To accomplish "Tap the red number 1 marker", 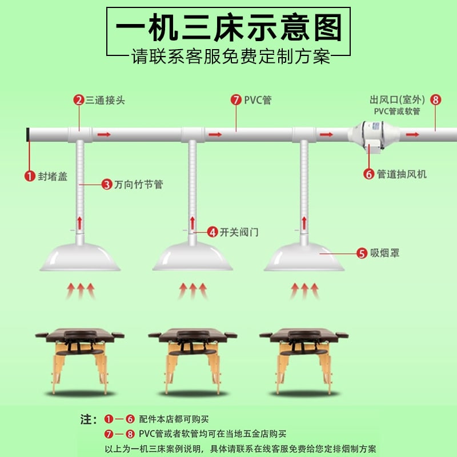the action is point(29,176).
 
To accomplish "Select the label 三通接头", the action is point(105,101).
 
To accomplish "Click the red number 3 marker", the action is point(106,185).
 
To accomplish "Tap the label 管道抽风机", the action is point(402,174).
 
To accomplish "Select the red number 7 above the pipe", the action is point(236,101).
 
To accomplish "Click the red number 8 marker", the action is point(436,100).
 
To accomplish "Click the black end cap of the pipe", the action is point(28,135).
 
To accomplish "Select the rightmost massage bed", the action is point(304,357).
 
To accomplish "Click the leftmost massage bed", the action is point(80,357).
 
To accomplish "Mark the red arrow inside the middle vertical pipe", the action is point(192,223).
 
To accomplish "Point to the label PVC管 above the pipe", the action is point(258,101).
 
